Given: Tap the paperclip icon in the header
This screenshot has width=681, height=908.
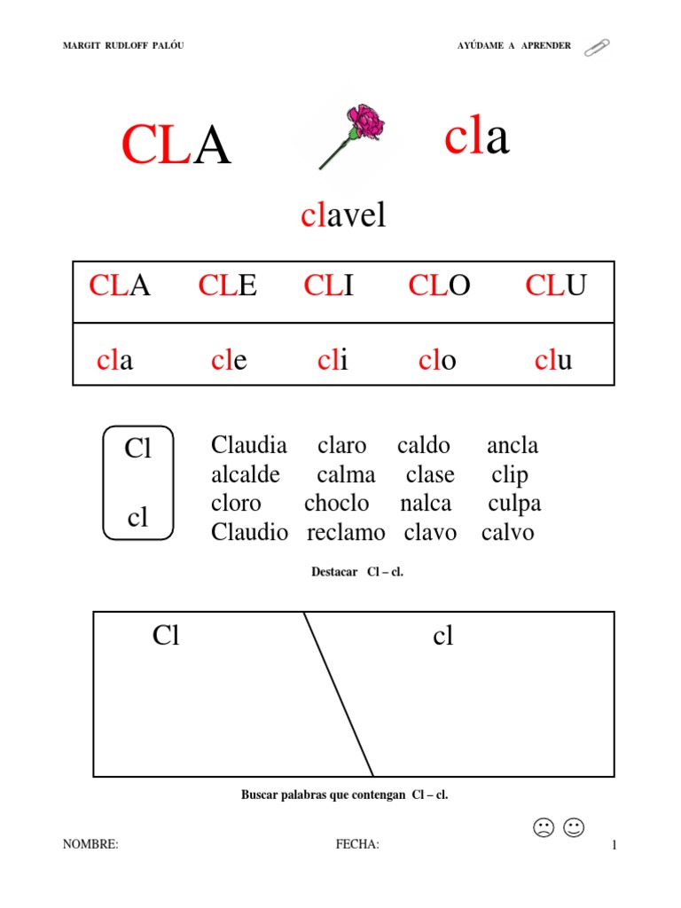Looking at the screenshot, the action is (596, 47).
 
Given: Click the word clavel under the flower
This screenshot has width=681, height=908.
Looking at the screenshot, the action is (343, 215).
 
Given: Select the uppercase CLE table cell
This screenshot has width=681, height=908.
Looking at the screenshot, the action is (228, 286).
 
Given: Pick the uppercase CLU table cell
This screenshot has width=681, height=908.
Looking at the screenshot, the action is (556, 286).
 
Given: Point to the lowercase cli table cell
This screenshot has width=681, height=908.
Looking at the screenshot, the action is (333, 361).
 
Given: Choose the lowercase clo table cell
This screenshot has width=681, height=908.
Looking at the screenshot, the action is (436, 361).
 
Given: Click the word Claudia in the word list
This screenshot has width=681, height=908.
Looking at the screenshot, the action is (249, 445).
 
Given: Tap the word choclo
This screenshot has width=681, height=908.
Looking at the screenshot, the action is (337, 504).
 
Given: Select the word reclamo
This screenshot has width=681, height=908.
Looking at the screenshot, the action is (346, 533).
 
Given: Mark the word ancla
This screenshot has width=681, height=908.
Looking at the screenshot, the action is (513, 445).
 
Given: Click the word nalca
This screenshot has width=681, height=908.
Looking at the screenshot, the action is (426, 504).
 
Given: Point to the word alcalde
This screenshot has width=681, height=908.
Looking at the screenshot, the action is (246, 474).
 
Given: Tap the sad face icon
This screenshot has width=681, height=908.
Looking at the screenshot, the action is (543, 828).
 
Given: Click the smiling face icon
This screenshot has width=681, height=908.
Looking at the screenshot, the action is (574, 828).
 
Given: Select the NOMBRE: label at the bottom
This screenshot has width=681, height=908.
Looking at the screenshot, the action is (90, 845).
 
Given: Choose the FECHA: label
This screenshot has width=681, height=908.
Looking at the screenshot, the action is (357, 845).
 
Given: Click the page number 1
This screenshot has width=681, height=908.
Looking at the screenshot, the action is (613, 846).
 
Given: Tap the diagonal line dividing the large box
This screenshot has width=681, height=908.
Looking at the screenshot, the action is (338, 693).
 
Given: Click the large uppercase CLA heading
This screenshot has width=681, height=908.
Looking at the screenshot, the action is (176, 145).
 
